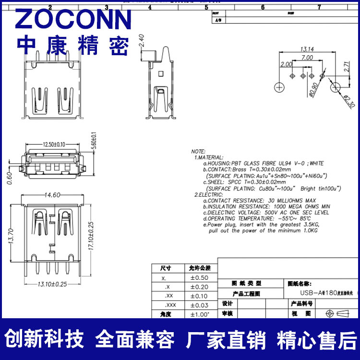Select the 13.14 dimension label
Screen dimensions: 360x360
point(307,49)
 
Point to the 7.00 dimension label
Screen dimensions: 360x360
point(307,58)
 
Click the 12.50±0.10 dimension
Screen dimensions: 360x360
point(48,144)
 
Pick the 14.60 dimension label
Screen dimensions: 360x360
point(52,195)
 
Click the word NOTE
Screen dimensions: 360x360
point(198,151)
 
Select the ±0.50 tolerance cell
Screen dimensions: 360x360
point(199,277)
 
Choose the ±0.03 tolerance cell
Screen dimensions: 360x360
point(199,305)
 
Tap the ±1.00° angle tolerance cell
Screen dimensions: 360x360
point(200,314)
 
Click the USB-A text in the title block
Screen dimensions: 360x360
point(307,292)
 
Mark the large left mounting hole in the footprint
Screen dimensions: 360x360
point(279,87)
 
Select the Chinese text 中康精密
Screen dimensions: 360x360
point(73,46)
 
